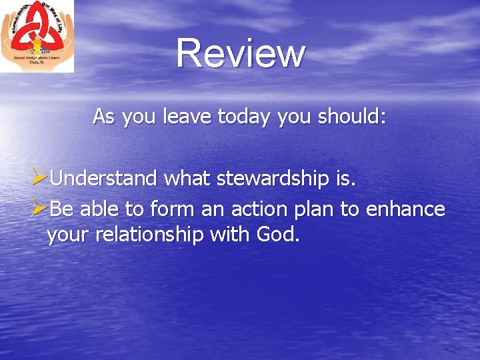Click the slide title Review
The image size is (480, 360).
pos(241,53)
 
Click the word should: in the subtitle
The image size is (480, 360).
pos(352,117)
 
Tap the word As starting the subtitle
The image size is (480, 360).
pos(103,117)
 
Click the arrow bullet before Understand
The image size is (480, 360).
pos(39,178)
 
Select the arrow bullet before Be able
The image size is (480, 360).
pos(39,209)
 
